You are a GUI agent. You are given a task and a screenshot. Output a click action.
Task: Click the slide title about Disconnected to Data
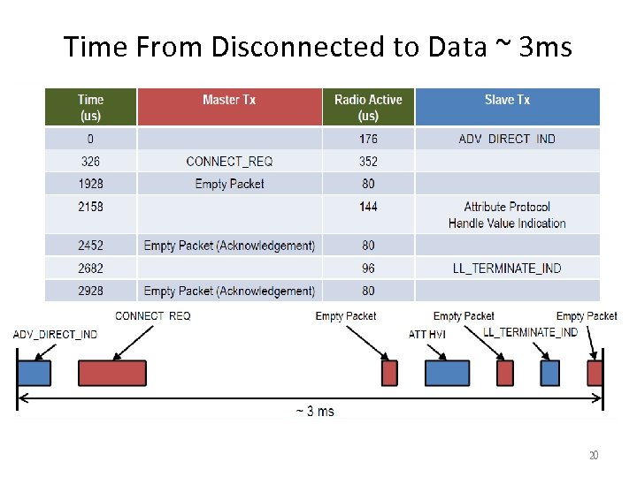pyautogui.click(x=318, y=46)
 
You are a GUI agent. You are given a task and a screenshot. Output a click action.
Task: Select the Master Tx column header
pyautogui.click(x=228, y=100)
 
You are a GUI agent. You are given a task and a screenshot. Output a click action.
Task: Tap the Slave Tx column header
pyautogui.click(x=507, y=100)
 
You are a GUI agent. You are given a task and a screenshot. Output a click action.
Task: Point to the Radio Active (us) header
pyautogui.click(x=368, y=107)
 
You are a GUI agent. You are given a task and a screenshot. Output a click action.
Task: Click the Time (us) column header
pyautogui.click(x=90, y=107)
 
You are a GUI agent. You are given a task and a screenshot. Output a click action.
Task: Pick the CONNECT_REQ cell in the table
pyautogui.click(x=229, y=161)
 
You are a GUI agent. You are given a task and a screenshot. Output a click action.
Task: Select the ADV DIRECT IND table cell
pyautogui.click(x=507, y=139)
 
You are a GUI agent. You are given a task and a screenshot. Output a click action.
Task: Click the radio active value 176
pyautogui.click(x=368, y=139)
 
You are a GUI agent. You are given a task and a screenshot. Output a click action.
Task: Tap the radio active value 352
pyautogui.click(x=368, y=161)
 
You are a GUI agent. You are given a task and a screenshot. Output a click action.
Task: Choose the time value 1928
pyautogui.click(x=90, y=184)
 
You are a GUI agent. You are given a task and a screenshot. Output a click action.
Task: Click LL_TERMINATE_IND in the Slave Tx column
pyautogui.click(x=507, y=269)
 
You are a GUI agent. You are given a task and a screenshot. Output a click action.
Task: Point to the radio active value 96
pyautogui.click(x=368, y=269)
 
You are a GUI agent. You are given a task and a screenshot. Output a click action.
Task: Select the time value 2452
pyautogui.click(x=90, y=246)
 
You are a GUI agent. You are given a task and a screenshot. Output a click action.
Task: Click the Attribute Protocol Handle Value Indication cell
pyautogui.click(x=507, y=215)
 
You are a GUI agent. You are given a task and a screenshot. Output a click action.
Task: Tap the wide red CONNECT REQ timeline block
pyautogui.click(x=112, y=373)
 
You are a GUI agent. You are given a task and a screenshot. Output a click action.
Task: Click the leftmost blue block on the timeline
pyautogui.click(x=35, y=373)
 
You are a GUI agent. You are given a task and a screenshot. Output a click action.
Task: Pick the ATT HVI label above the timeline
pyautogui.click(x=426, y=334)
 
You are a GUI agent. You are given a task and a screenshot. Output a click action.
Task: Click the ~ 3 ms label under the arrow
pyautogui.click(x=314, y=412)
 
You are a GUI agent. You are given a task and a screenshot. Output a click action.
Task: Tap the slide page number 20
pyautogui.click(x=594, y=456)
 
